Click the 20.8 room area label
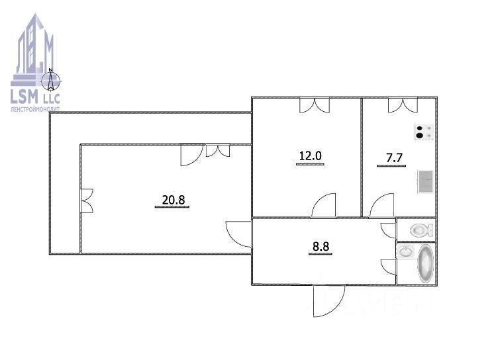pyautogui.click(x=172, y=199)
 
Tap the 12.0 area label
pyautogui.click(x=310, y=157)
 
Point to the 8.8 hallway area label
pyautogui.click(x=321, y=248)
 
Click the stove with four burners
pyautogui.click(x=424, y=132)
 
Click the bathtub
pyautogui.click(x=426, y=263)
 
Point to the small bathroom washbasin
pyautogui.click(x=405, y=252)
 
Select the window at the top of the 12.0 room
pyautogui.click(x=314, y=105)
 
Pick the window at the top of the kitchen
pyautogui.click(x=402, y=105)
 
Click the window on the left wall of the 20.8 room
pyautogui.click(x=87, y=201)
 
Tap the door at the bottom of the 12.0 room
pyautogui.click(x=324, y=206)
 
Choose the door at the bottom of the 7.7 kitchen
pyautogui.click(x=382, y=206)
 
